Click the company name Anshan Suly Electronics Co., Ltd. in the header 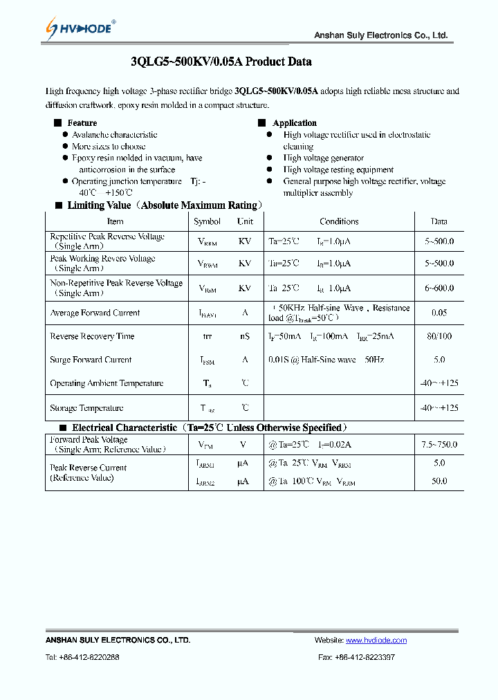[x=380, y=35]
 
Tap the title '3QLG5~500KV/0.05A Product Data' [x=221, y=62]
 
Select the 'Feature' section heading [x=82, y=123]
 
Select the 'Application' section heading [x=295, y=123]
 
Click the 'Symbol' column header [x=207, y=221]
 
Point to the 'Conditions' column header [x=339, y=221]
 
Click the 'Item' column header [x=116, y=221]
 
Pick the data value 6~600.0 [x=439, y=288]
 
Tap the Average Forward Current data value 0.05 [x=439, y=313]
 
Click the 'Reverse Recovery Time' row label [x=92, y=336]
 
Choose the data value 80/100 [x=439, y=336]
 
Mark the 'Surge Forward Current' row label [x=91, y=360]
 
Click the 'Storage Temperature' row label [x=86, y=408]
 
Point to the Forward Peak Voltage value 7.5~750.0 [x=439, y=445]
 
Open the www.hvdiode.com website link [x=376, y=641]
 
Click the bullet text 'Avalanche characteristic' [x=114, y=135]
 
